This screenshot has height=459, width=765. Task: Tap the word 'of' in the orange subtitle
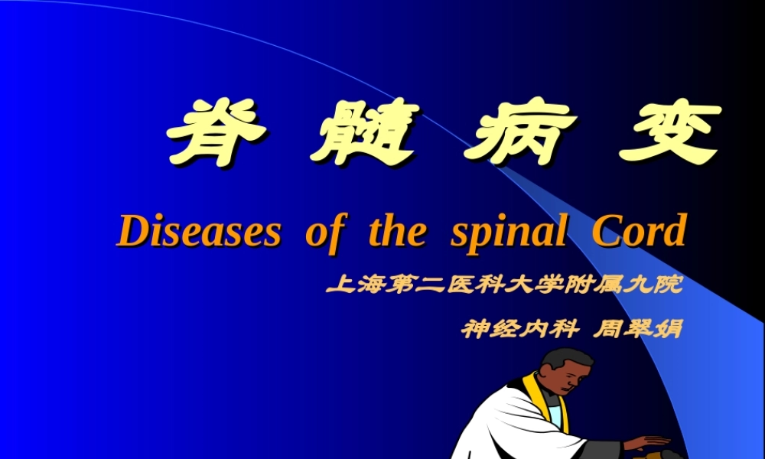pos(322,231)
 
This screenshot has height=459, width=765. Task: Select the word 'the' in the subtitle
pos(396,231)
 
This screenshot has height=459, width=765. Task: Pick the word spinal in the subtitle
pos(509,231)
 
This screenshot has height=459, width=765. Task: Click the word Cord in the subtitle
pos(638,231)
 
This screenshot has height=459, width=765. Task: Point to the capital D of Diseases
pos(131,231)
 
